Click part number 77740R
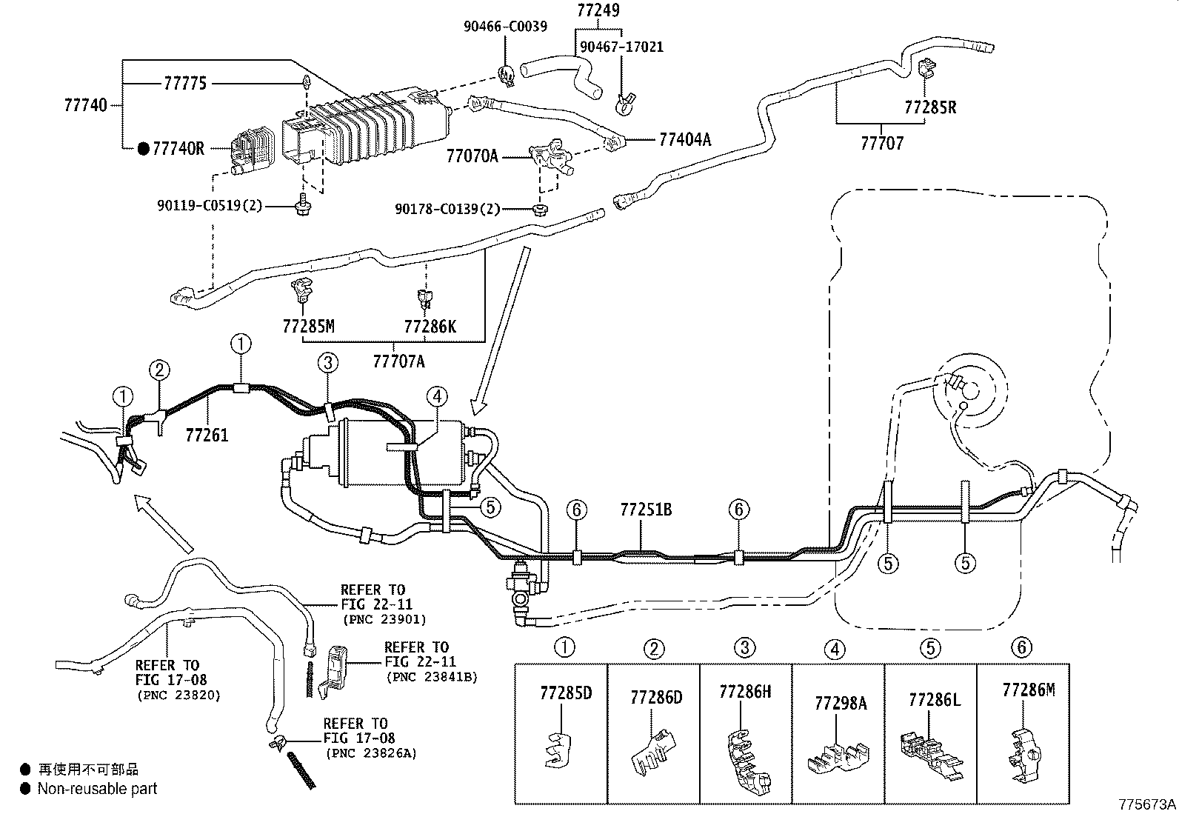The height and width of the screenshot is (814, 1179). (x=178, y=148)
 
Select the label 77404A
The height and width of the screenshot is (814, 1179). (x=685, y=139)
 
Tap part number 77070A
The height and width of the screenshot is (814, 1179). (x=472, y=156)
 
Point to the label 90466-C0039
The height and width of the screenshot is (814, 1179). (x=505, y=27)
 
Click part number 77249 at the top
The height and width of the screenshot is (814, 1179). (x=598, y=10)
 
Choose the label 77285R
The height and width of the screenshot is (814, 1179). (x=930, y=107)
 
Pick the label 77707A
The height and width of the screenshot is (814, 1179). (x=398, y=361)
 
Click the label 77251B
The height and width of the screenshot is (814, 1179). (x=646, y=510)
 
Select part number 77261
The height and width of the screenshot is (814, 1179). (x=207, y=435)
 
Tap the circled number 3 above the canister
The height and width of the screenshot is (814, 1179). (x=328, y=362)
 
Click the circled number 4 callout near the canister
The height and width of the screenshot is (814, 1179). (x=437, y=396)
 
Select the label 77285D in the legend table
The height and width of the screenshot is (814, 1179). (x=566, y=693)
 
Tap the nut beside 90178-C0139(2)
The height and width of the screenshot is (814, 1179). (x=539, y=209)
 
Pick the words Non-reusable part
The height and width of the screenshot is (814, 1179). (x=97, y=789)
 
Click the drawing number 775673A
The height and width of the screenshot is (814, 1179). (x=1147, y=804)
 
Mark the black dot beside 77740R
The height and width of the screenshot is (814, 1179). (x=144, y=149)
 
